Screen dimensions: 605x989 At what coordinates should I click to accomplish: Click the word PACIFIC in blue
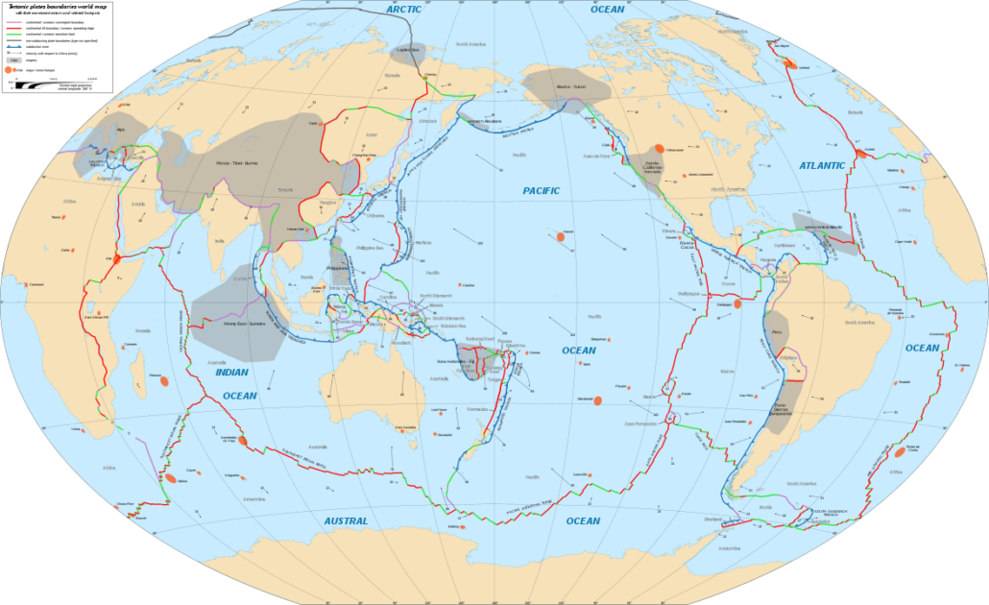click(x=541, y=191)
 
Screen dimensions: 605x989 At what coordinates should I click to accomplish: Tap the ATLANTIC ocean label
click(x=822, y=166)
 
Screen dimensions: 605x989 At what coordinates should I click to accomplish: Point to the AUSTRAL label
click(x=346, y=520)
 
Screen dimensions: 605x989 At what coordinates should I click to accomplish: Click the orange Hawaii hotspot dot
click(x=559, y=236)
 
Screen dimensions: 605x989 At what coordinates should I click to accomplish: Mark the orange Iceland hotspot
click(x=790, y=63)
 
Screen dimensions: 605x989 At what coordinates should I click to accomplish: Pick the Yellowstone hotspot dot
click(x=659, y=149)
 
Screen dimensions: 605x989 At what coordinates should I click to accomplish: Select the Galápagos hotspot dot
click(x=737, y=302)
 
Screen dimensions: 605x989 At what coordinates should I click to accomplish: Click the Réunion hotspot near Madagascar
click(x=164, y=381)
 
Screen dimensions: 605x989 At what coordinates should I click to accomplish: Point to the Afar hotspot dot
click(x=117, y=258)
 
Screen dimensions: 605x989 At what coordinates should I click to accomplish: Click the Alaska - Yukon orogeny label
click(x=566, y=85)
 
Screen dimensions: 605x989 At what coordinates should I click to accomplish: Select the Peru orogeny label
click(x=778, y=331)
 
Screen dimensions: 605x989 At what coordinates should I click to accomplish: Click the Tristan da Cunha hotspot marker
click(x=900, y=452)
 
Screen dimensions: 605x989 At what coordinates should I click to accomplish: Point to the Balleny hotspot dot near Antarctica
click(x=463, y=526)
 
